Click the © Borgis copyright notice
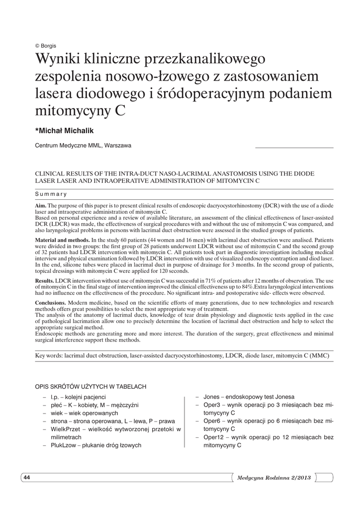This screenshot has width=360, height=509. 45,46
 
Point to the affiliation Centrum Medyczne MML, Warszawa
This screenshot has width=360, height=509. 83,146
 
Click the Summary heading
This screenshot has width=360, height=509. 51,194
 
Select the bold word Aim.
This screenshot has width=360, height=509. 41,205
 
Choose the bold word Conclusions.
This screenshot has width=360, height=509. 50,303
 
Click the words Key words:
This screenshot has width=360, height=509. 49,356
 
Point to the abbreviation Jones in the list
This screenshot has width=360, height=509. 211,397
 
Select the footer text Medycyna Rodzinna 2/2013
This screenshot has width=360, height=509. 274,478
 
